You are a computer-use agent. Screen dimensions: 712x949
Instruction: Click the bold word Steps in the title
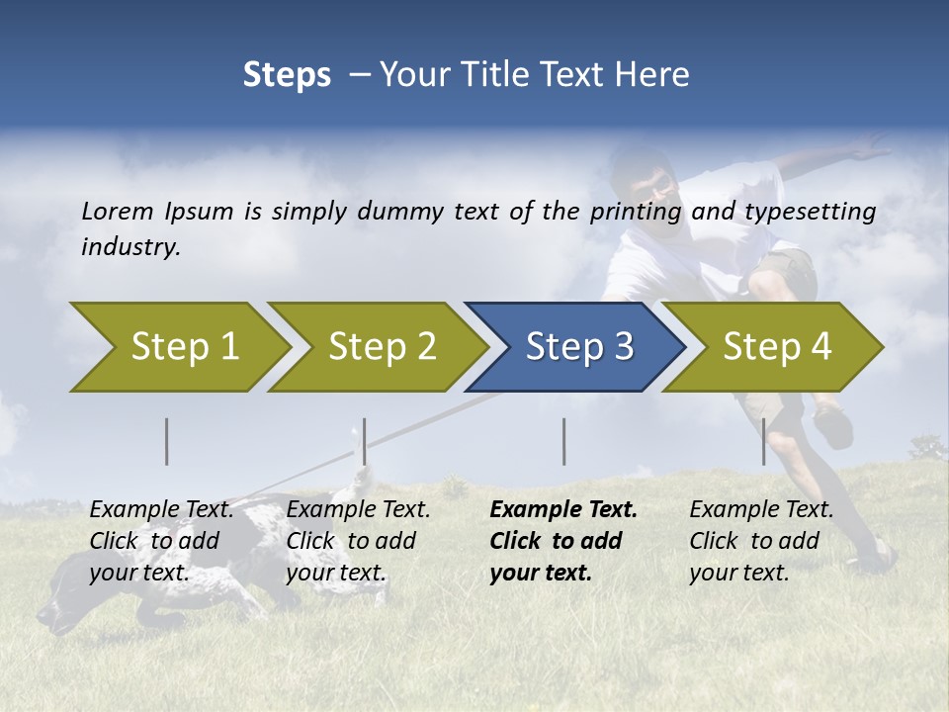tap(287, 75)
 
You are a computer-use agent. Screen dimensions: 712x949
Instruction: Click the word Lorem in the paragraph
tap(117, 211)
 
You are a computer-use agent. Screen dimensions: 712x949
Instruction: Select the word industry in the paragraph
tap(129, 246)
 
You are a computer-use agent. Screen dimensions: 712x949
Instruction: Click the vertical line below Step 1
tap(167, 441)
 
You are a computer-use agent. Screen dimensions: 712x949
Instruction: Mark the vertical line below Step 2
tap(365, 441)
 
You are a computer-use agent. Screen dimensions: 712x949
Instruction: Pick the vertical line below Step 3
tap(564, 441)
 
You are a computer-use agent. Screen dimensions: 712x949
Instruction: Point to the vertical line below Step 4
tap(764, 441)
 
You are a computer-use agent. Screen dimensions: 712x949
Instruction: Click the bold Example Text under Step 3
tap(563, 510)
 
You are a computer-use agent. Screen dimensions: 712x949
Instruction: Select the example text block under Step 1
tap(161, 541)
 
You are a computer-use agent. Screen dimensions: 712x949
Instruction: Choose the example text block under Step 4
tap(761, 541)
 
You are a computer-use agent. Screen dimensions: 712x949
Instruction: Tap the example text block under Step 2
tap(358, 541)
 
